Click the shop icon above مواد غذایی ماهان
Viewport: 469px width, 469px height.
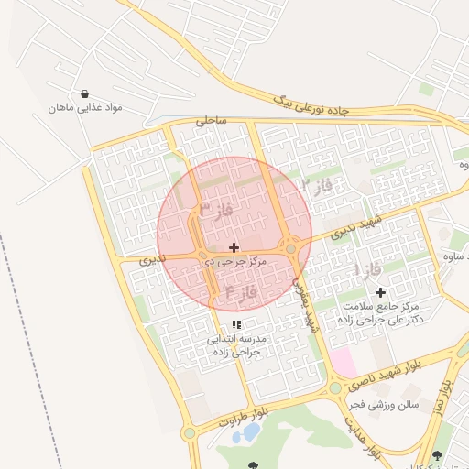[x=85, y=93]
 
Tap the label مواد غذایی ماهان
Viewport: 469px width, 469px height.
[x=86, y=108]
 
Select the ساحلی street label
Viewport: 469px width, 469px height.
[x=210, y=120]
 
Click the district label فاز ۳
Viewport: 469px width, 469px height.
[x=217, y=210]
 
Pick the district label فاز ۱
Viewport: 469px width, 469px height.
[x=367, y=269]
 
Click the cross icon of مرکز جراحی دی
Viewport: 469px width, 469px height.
[x=234, y=247]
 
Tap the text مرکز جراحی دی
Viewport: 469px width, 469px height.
[x=234, y=262]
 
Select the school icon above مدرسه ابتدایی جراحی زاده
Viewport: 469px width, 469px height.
[x=236, y=324]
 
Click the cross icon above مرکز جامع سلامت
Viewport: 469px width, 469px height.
[x=380, y=292]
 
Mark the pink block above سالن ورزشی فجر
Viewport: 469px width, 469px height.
[x=344, y=361]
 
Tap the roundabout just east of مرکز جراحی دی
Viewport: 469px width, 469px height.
[x=291, y=247]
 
